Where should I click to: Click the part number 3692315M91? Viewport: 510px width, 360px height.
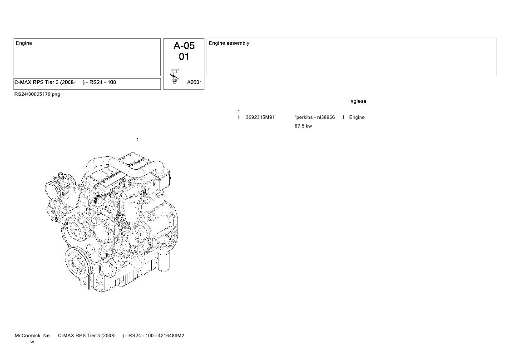point(260,118)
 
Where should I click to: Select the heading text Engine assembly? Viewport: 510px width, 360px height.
point(229,43)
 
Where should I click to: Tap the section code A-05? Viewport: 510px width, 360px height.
point(184,45)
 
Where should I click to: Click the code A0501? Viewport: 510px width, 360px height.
point(194,83)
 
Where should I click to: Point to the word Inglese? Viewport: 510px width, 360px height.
point(357,101)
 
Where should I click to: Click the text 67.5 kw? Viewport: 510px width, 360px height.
point(303,126)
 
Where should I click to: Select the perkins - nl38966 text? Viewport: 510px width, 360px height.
point(315,118)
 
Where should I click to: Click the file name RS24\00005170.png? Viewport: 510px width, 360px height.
point(37,94)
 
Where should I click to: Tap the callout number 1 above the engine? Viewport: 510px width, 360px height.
point(138,140)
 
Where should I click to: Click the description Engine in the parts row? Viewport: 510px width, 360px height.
point(357,118)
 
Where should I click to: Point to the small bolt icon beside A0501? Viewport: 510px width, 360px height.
point(175,76)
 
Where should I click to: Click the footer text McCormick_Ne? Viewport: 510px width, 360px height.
point(32,335)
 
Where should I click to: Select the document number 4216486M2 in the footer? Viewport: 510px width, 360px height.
point(171,335)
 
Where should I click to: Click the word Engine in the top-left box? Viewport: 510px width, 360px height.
point(24,43)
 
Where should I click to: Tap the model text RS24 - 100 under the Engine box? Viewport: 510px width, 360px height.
point(103,82)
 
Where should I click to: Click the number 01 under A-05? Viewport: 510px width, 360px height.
point(184,57)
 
